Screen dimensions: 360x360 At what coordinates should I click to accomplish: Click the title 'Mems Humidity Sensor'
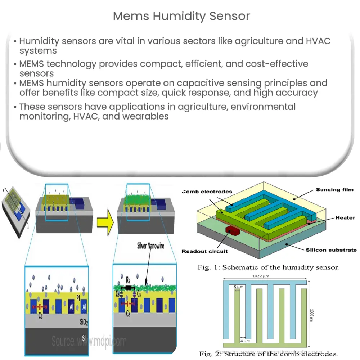(x=181, y=16)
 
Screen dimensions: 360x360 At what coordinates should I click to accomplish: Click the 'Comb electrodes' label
(x=207, y=192)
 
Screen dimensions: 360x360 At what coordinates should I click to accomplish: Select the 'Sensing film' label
(x=335, y=189)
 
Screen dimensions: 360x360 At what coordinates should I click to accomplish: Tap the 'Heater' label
(x=345, y=217)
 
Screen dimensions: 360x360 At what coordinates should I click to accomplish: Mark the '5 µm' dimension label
(x=238, y=287)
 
